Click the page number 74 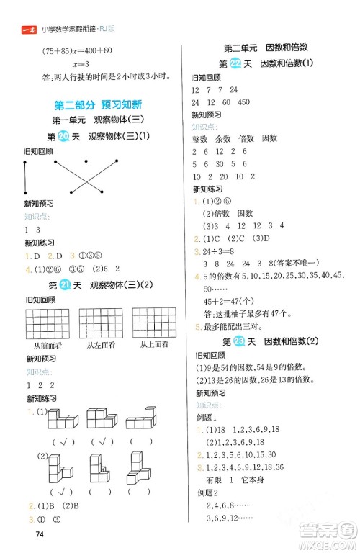[29, 534]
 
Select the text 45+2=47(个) [228, 300]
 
